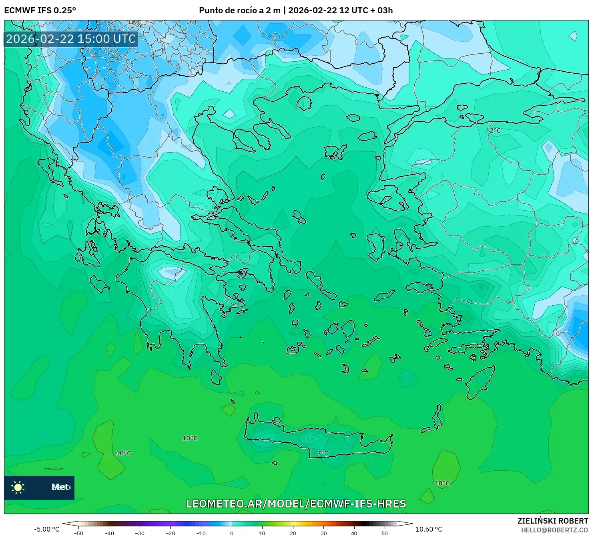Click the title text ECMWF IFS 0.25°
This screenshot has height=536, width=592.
pos(40,10)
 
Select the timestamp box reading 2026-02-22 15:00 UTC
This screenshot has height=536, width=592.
pos(71,39)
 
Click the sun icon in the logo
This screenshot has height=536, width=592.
pos(18,487)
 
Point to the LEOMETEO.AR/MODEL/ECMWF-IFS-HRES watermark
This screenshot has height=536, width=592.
pos(296,504)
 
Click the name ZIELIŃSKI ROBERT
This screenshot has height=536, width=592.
pos(552,521)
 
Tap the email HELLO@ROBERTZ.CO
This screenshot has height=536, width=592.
pos(554,530)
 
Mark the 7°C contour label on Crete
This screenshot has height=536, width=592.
pos(323,453)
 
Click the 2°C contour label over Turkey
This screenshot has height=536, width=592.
pos(495,130)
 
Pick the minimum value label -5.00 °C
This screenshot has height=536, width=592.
pos(46,529)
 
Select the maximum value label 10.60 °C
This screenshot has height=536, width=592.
pos(429,529)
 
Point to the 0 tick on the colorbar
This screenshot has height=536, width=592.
pos(231,533)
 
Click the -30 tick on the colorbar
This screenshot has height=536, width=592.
pos(139,533)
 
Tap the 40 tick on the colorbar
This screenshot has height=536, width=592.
pos(354,533)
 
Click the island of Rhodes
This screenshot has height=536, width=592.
pos(480,382)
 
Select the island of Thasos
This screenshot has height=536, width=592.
pos(304,103)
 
